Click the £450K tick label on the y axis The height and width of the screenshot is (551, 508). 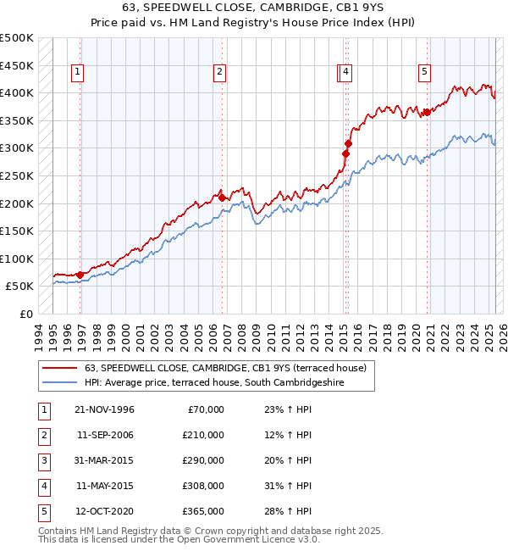point(17,65)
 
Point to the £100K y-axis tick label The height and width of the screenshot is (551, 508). point(17,259)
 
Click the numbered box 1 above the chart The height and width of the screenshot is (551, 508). point(77,73)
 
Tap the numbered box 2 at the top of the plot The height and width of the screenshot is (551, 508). point(219,73)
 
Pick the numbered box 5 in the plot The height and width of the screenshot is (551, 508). point(423,73)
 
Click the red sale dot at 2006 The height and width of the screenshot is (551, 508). point(223,198)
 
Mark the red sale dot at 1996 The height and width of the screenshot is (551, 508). point(80,275)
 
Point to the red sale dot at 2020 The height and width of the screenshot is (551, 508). point(428,112)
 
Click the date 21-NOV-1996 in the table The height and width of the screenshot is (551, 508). point(105,410)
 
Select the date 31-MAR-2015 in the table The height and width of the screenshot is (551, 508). point(105,461)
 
